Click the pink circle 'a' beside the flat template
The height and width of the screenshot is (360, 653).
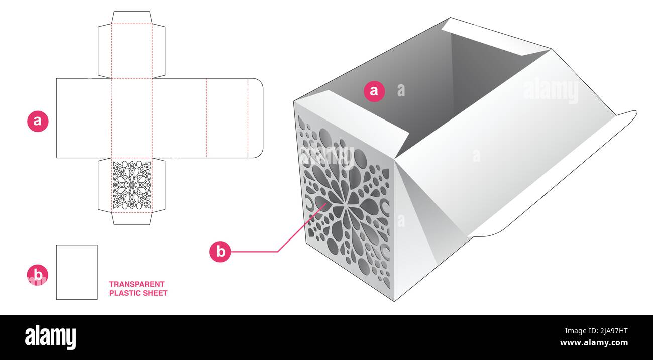(x=38, y=121)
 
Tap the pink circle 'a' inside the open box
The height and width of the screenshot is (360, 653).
(x=374, y=91)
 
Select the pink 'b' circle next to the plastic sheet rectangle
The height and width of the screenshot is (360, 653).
(x=38, y=275)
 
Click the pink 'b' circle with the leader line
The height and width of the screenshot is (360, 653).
(x=220, y=251)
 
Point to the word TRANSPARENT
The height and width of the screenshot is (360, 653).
(x=137, y=284)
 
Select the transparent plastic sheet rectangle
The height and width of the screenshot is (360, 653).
(x=77, y=272)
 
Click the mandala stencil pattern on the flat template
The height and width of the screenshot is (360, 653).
(x=132, y=185)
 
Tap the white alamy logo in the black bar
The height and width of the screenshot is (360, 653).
(x=50, y=337)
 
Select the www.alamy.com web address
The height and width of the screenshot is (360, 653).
(x=594, y=342)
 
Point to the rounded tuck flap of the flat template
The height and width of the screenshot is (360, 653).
(x=255, y=118)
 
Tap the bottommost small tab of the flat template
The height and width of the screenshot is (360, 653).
(x=132, y=219)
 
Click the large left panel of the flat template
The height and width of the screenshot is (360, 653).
(x=84, y=118)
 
